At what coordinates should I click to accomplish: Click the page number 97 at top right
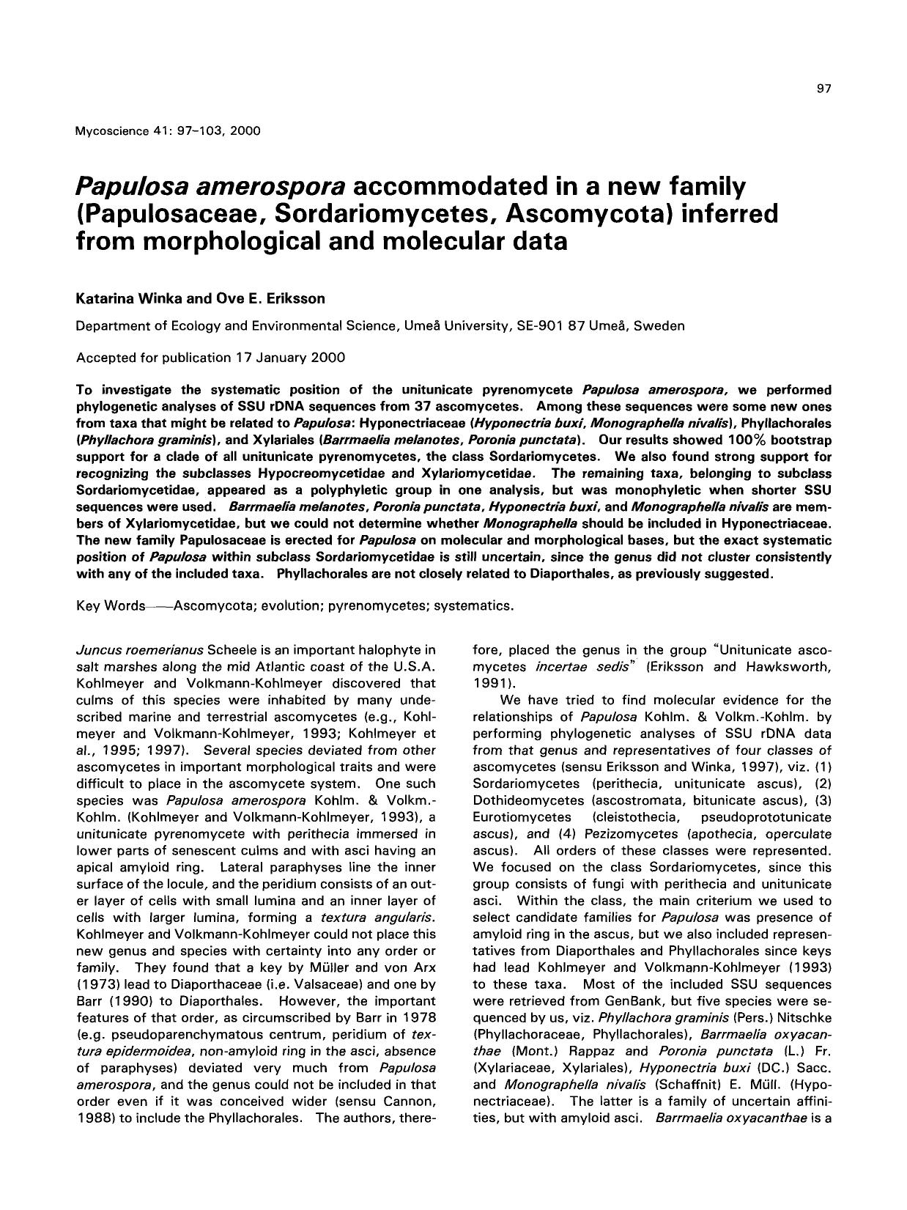(x=823, y=89)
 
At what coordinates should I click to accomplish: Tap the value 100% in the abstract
(x=750, y=440)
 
